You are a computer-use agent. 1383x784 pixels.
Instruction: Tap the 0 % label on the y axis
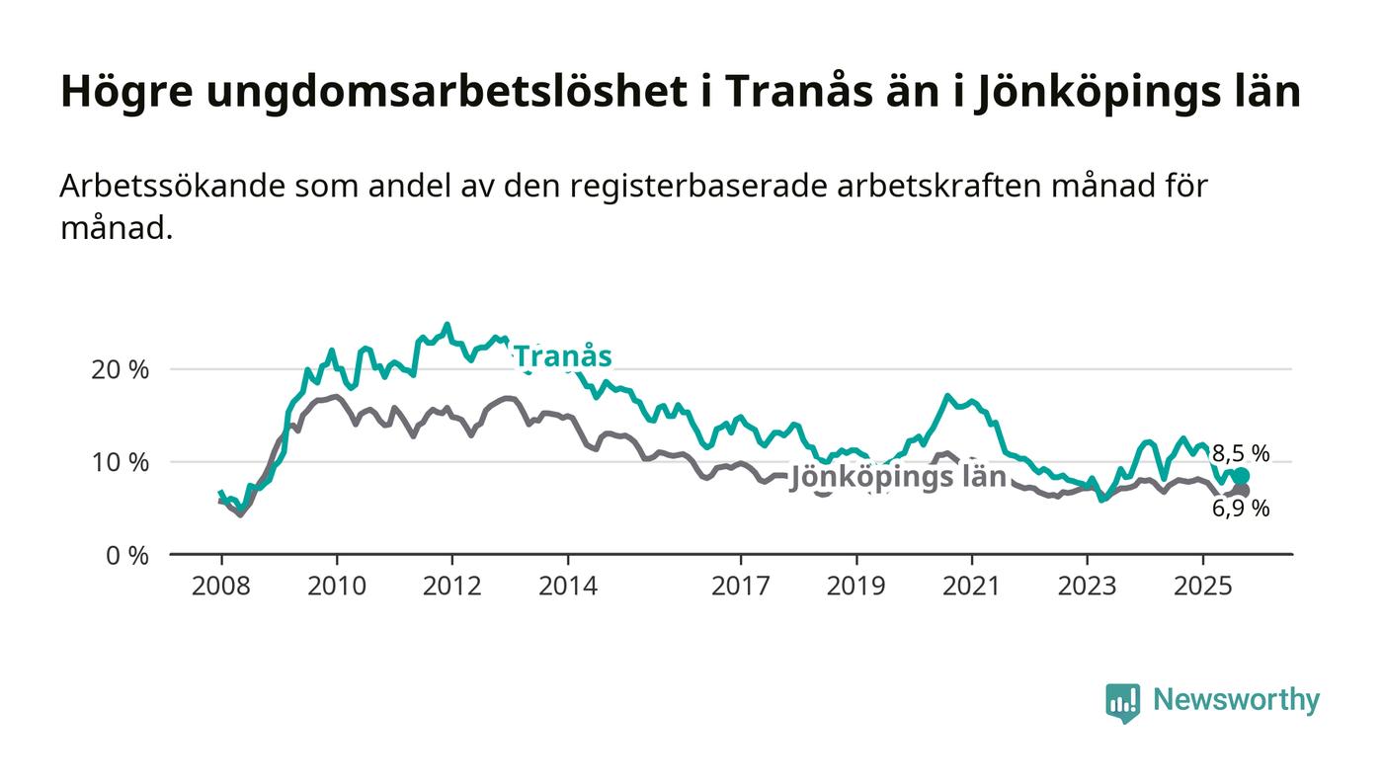[x=128, y=556]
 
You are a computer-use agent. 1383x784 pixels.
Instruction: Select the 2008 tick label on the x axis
[x=221, y=587]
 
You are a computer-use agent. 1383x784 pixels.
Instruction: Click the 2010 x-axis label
[x=337, y=587]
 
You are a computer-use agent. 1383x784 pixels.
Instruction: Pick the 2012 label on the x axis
[x=452, y=587]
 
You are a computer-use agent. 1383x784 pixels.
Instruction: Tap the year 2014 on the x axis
[x=568, y=587]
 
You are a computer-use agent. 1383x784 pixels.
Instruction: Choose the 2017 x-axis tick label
[x=741, y=587]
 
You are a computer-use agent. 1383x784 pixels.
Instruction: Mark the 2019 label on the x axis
[x=855, y=587]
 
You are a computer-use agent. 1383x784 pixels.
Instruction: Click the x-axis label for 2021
[x=971, y=587]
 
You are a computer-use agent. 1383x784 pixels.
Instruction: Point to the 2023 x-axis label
[x=1087, y=587]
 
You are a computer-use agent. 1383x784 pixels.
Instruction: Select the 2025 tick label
[x=1202, y=587]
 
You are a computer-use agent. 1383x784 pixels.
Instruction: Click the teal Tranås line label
[x=562, y=356]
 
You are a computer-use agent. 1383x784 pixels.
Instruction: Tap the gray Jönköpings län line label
[x=898, y=477]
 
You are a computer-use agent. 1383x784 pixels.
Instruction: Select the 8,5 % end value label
[x=1241, y=454]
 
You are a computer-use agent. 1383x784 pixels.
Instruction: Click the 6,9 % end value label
[x=1241, y=510]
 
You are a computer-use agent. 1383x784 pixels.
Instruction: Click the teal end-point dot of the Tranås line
[x=1241, y=476]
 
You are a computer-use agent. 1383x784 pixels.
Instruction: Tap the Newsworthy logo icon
[x=1122, y=702]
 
